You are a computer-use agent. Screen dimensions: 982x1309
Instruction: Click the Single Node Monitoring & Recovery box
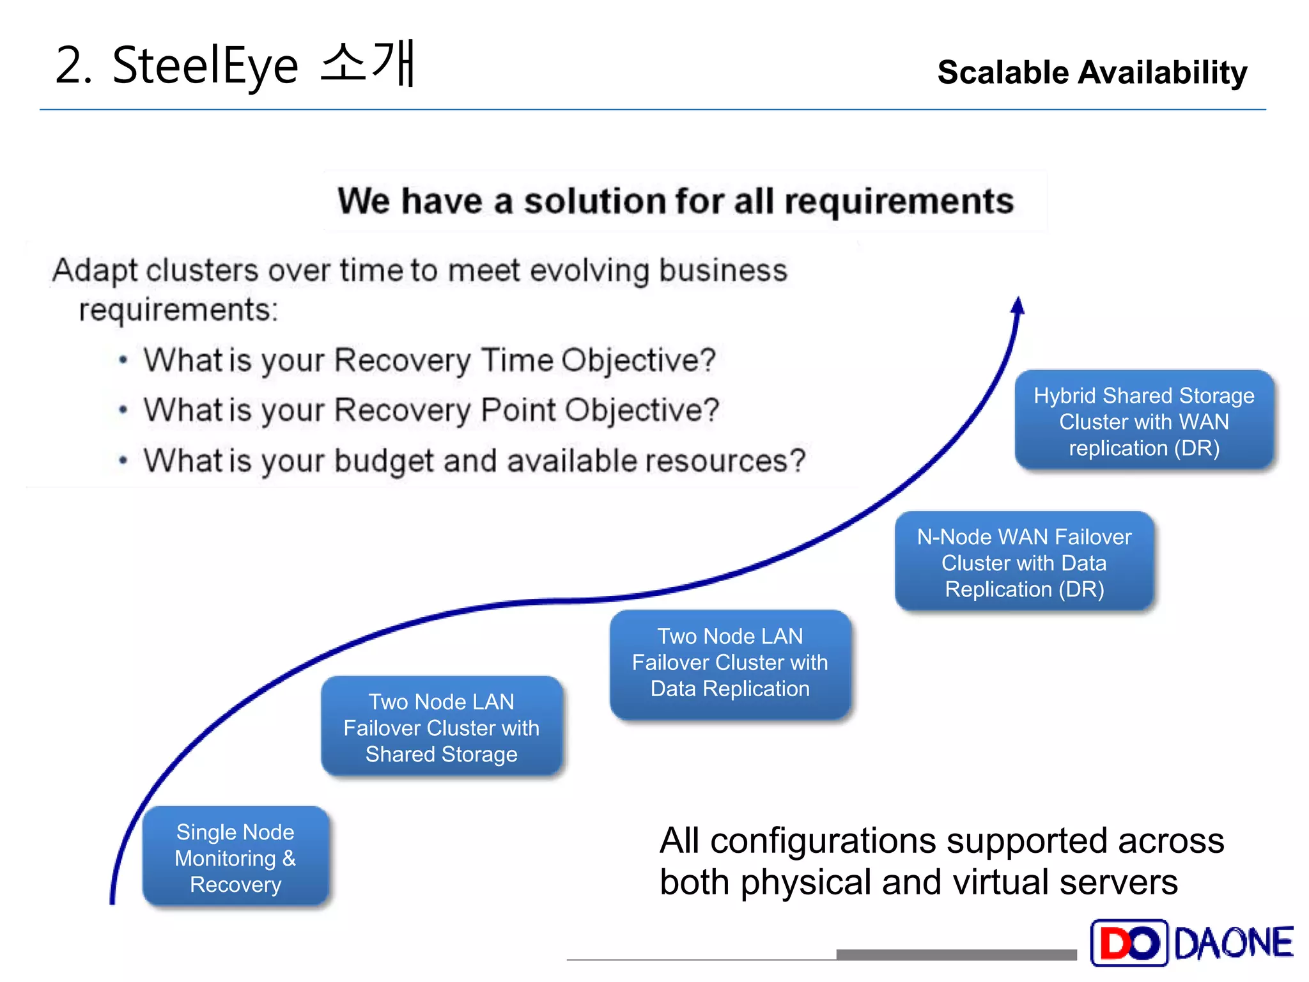pyautogui.click(x=235, y=857)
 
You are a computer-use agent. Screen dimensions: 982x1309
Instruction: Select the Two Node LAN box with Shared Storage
pyautogui.click(x=441, y=728)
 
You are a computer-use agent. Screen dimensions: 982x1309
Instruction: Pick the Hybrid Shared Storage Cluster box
pyautogui.click(x=1144, y=421)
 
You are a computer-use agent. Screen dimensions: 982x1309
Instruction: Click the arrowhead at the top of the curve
pyautogui.click(x=1018, y=306)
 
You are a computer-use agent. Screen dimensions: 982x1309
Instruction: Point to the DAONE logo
pyautogui.click(x=1192, y=942)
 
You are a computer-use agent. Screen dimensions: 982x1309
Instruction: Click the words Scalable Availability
pyautogui.click(x=1092, y=72)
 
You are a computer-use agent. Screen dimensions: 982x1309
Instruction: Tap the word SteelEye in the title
pyautogui.click(x=205, y=66)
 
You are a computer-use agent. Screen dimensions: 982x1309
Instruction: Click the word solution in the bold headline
pyautogui.click(x=594, y=201)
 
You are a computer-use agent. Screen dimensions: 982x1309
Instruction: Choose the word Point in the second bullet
pyautogui.click(x=518, y=410)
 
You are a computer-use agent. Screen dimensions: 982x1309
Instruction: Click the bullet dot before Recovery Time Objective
pyautogui.click(x=123, y=360)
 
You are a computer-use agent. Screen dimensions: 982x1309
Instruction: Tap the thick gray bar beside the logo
pyautogui.click(x=956, y=955)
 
